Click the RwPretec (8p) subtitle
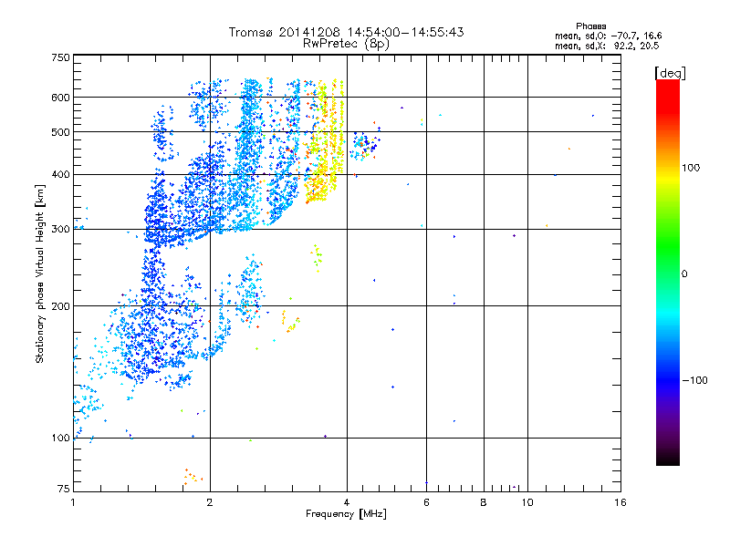pos(347,43)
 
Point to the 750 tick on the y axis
pos(60,57)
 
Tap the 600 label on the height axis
pos(60,98)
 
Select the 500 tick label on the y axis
pos(60,132)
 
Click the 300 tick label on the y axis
pos(60,230)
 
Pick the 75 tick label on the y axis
pos(63,490)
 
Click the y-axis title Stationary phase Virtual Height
pos(40,274)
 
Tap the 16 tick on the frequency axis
pos(620,502)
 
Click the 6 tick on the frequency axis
pos(425,502)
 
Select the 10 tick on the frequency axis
pos(527,502)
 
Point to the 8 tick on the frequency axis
pos(484,502)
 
